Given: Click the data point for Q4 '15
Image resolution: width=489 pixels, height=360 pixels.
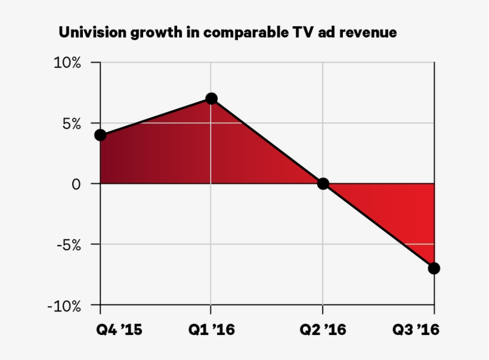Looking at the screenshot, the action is [x=100, y=135].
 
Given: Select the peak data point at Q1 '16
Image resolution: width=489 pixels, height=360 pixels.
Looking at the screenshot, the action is [x=212, y=99].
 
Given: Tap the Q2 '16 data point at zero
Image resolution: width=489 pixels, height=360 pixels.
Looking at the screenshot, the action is [x=323, y=184].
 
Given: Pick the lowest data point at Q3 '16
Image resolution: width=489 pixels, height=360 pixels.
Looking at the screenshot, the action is [x=434, y=268].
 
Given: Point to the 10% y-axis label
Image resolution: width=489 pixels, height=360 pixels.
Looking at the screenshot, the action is [x=67, y=63].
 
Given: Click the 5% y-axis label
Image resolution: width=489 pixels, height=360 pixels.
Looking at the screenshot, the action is [x=72, y=124].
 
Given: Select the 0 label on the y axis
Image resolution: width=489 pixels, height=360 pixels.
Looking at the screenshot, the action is [x=76, y=184].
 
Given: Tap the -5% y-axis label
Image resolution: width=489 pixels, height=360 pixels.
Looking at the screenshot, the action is [x=69, y=246].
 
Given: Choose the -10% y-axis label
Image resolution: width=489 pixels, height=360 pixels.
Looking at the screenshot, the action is [x=64, y=307].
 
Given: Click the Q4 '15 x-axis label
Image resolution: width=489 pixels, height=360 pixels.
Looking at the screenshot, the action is [x=119, y=330].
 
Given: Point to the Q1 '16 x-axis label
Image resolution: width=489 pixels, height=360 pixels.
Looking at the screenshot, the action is [x=212, y=330].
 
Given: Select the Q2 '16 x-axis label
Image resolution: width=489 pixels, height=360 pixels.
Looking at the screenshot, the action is [x=323, y=330].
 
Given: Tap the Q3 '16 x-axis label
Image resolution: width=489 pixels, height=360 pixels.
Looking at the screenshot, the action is [x=416, y=330].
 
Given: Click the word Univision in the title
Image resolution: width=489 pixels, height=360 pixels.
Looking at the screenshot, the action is [x=89, y=32].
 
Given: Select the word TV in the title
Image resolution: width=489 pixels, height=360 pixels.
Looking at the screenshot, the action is [x=302, y=32].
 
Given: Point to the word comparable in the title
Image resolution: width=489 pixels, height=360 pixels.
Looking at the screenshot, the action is [x=246, y=33].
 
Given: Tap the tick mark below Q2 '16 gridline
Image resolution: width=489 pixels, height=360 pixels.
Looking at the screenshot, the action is [x=323, y=309].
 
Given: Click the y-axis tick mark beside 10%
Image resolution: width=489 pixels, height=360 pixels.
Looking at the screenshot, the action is [x=96, y=63].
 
